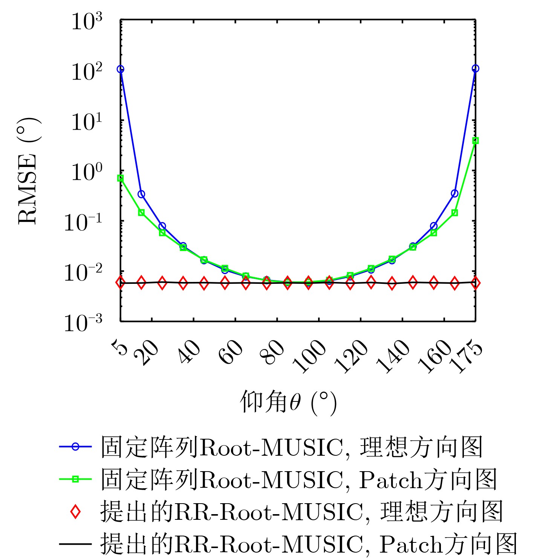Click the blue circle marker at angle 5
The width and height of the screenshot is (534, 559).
[121, 69]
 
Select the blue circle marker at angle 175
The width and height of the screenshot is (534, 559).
[475, 68]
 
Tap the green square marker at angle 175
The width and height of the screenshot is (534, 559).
[475, 141]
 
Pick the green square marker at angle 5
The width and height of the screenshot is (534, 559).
[121, 178]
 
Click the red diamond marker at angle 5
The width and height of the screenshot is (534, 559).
[121, 283]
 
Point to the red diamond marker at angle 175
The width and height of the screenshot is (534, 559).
[475, 283]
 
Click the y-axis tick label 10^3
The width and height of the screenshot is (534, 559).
[86, 22]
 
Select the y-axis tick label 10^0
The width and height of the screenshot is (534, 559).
[86, 172]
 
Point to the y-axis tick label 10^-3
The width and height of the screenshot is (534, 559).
[83, 323]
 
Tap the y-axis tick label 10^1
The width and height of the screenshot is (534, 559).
[86, 122]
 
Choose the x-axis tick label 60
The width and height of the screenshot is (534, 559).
[231, 352]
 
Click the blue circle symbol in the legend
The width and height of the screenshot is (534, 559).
[75, 447]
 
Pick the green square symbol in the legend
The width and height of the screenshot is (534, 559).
[75, 479]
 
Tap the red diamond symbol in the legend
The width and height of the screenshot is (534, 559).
[75, 512]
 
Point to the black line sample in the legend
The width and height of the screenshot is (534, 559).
[75, 544]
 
